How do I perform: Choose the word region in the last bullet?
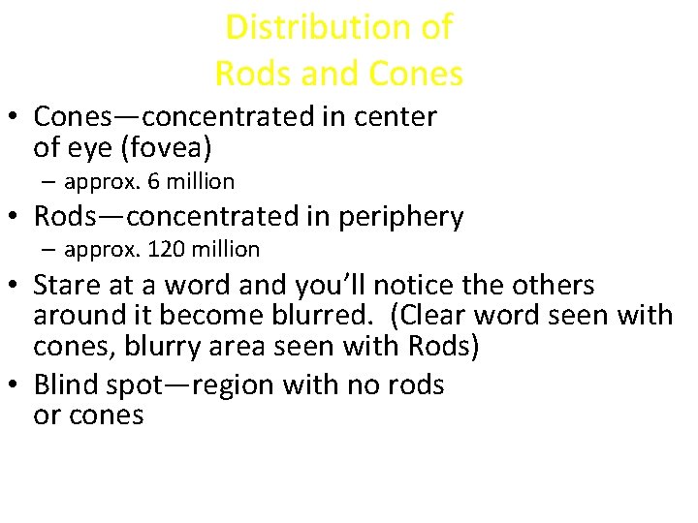[x=234, y=386]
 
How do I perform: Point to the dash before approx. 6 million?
[x=49, y=182]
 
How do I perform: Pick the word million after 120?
[x=224, y=249]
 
